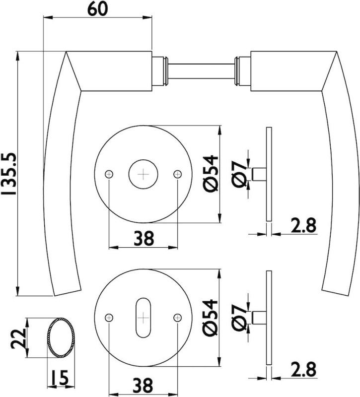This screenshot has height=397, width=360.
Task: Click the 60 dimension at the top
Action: click(97, 10)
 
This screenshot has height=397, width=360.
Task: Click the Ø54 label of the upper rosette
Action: click(210, 173)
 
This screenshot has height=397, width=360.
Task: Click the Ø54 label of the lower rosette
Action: click(210, 318)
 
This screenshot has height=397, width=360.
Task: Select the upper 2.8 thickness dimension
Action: click(302, 226)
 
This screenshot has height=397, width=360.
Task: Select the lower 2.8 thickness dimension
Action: click(302, 369)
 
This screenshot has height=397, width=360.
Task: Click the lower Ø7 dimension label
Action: click(239, 318)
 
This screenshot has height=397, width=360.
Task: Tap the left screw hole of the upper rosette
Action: click(109, 174)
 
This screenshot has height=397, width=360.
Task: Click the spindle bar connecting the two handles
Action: click(201, 65)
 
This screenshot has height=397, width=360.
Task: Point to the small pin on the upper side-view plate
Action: click(259, 174)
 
